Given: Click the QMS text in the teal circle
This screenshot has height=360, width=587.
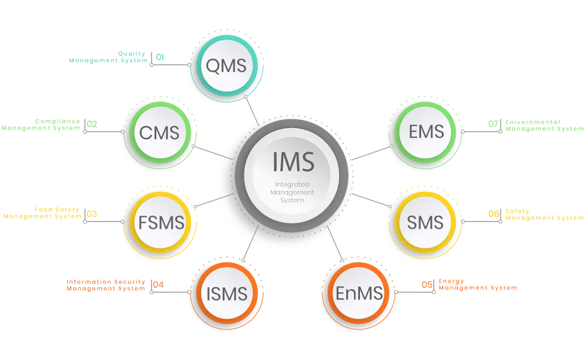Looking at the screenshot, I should coord(226,65).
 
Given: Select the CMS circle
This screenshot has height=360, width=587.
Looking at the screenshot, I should coord(159,132).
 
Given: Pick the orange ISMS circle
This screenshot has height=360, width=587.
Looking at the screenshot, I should coord(226,294).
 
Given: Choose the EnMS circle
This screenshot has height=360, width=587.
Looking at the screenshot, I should coord(359,294).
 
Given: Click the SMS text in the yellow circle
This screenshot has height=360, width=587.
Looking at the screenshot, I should coord(425,223).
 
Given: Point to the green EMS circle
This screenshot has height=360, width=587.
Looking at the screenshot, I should coord(426,131).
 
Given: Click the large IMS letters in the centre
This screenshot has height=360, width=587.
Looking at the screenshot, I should coord(292,162).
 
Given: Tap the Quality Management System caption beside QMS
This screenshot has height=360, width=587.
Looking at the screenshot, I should coord(108,57).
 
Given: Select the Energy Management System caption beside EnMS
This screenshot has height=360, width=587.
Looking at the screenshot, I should coord(476,285).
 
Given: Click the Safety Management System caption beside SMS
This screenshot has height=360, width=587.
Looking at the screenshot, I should coord(542,214).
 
